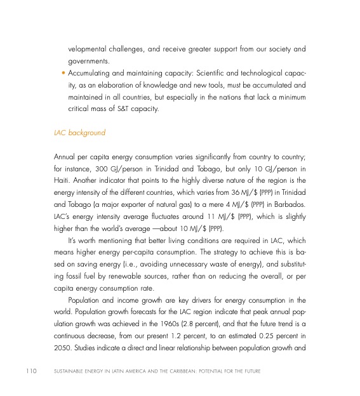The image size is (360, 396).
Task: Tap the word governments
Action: point(90,61)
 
